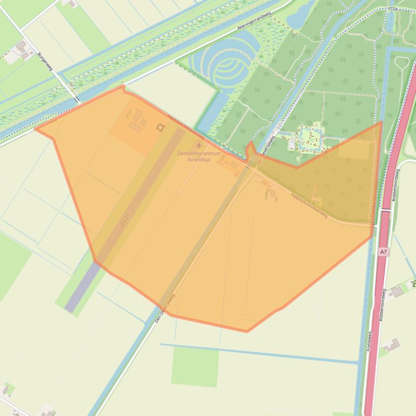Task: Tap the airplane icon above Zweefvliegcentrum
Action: click(198, 145)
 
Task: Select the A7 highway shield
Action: click(383, 252)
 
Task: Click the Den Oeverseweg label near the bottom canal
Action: click(165, 308)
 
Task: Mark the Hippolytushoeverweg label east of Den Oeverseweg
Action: click(309, 205)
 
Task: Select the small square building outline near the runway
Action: click(160, 128)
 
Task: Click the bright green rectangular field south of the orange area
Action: click(195, 367)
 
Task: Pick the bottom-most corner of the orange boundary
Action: click(247, 331)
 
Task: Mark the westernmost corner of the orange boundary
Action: click(36, 129)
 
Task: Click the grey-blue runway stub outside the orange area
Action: click(81, 289)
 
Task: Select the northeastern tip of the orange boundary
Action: click(381, 122)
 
